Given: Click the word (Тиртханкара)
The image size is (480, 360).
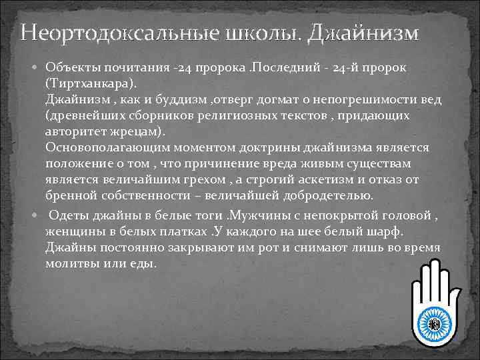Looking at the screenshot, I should tap(89, 85).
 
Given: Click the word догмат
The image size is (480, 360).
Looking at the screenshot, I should tap(271, 101).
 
